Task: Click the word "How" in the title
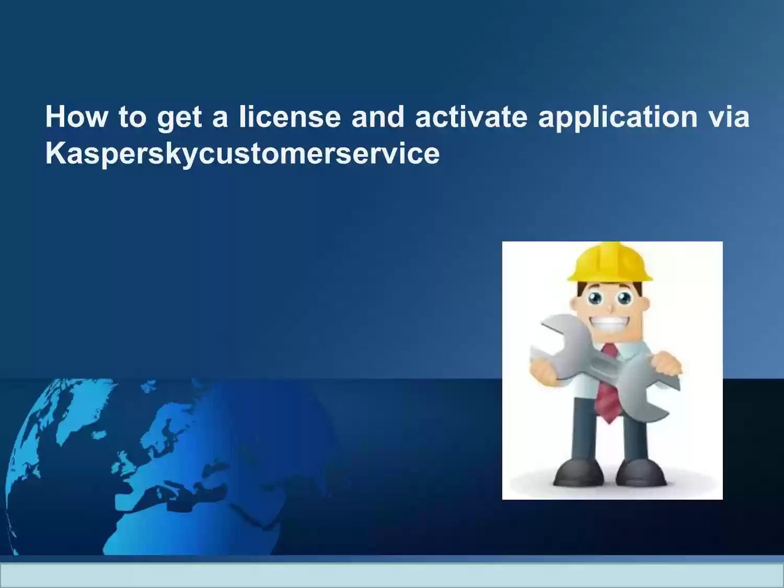[x=76, y=117]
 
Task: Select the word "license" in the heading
[x=290, y=116]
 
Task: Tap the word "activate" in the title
[x=471, y=116]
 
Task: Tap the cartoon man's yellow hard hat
[x=610, y=261]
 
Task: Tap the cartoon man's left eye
[x=595, y=297]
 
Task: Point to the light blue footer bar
[x=392, y=575]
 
